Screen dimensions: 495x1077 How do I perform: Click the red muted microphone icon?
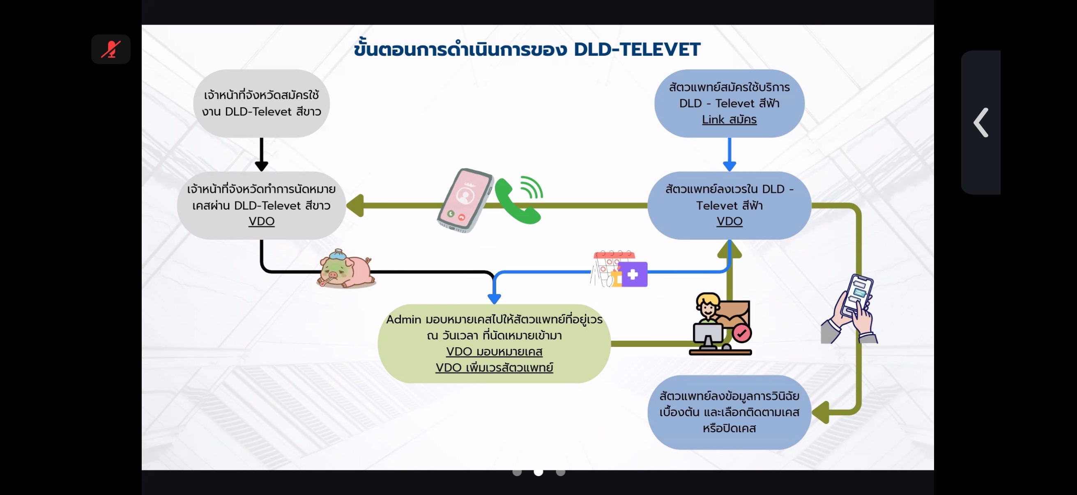coord(111,49)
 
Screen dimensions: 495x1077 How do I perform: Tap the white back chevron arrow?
coord(981,122)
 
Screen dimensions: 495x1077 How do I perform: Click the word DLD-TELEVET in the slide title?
coord(636,49)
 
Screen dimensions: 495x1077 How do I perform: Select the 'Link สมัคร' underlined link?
coord(729,119)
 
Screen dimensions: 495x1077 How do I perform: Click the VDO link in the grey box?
coord(261,221)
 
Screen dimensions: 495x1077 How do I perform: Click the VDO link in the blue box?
coord(729,221)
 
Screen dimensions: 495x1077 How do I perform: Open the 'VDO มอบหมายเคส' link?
coord(494,351)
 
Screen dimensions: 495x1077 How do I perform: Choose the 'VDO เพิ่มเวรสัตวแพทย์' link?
coord(494,368)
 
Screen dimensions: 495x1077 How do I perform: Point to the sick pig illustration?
coord(345,269)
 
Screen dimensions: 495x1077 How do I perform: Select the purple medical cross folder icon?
coord(633,275)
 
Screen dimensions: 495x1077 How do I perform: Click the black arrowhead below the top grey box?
coord(261,165)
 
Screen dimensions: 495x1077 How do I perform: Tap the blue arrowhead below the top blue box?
coord(729,165)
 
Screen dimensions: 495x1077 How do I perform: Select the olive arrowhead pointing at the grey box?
coord(355,206)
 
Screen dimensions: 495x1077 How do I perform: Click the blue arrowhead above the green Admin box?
coord(494,298)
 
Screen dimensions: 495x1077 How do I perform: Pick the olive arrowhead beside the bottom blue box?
coord(821,412)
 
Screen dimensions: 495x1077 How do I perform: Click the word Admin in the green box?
coord(403,320)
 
